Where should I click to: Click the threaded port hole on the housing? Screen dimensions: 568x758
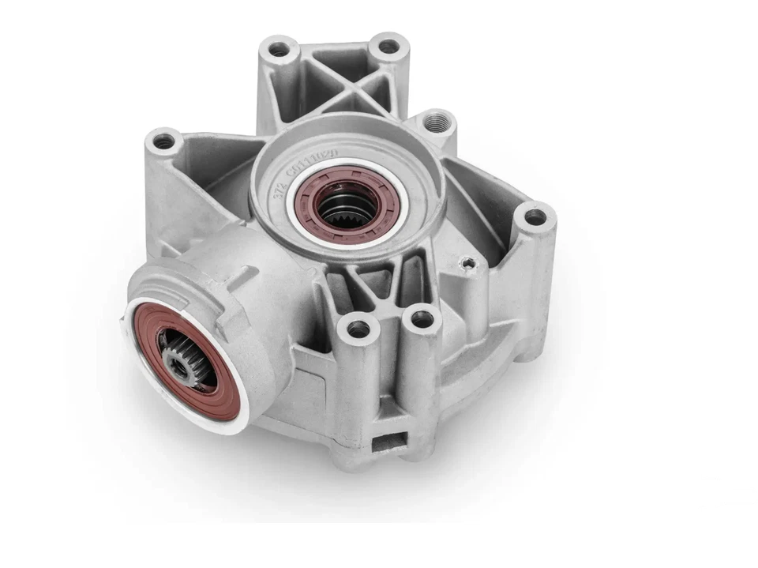436,122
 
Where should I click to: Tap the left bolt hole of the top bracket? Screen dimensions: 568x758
279,50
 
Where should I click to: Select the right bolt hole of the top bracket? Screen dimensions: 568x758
388,46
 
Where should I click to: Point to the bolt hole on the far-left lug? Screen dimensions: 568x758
163,142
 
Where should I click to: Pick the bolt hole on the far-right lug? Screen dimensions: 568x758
535,216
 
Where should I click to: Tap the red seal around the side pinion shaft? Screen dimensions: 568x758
150,332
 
